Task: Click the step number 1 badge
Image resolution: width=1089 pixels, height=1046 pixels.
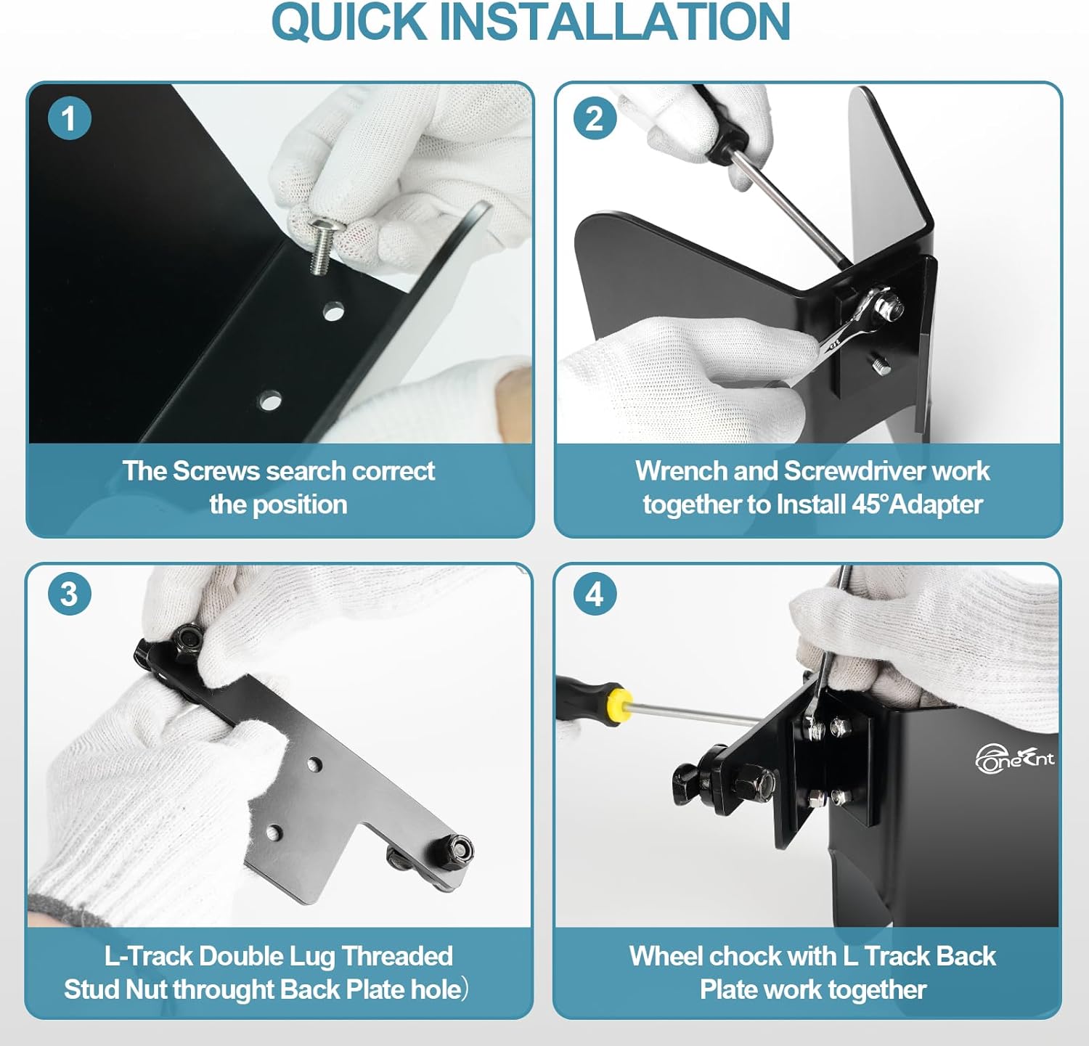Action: (x=69, y=118)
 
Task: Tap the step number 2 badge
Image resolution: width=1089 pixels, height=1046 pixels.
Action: (x=595, y=118)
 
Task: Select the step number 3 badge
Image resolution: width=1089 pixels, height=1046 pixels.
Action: (x=69, y=594)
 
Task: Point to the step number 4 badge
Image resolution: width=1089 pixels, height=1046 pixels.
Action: (x=595, y=594)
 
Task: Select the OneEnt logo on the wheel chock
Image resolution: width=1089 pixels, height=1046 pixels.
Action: (x=1014, y=759)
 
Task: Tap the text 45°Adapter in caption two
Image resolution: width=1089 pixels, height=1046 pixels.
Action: (x=917, y=504)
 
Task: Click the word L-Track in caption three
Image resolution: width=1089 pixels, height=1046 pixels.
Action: (x=148, y=956)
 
